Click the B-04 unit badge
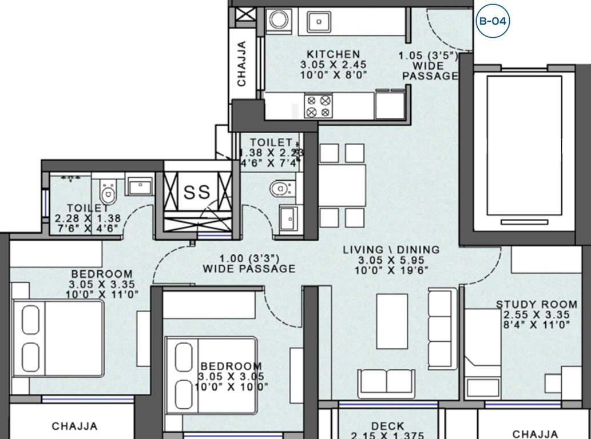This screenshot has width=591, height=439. point(492,22)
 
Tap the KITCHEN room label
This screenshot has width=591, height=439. point(334,54)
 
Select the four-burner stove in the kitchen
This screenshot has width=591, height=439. point(318,106)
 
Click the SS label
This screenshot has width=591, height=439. point(197,191)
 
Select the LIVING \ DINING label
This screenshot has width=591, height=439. point(391,250)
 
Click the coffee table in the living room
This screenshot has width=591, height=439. point(392,321)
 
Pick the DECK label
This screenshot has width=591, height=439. point(387,426)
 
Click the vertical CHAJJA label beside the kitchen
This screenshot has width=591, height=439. point(241,63)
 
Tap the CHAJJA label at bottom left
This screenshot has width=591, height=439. point(74,426)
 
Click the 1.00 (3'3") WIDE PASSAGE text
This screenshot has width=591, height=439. point(249,263)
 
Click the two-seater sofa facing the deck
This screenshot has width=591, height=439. point(386,381)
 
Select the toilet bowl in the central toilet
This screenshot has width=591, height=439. point(281,187)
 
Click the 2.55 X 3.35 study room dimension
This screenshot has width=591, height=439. point(536,315)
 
